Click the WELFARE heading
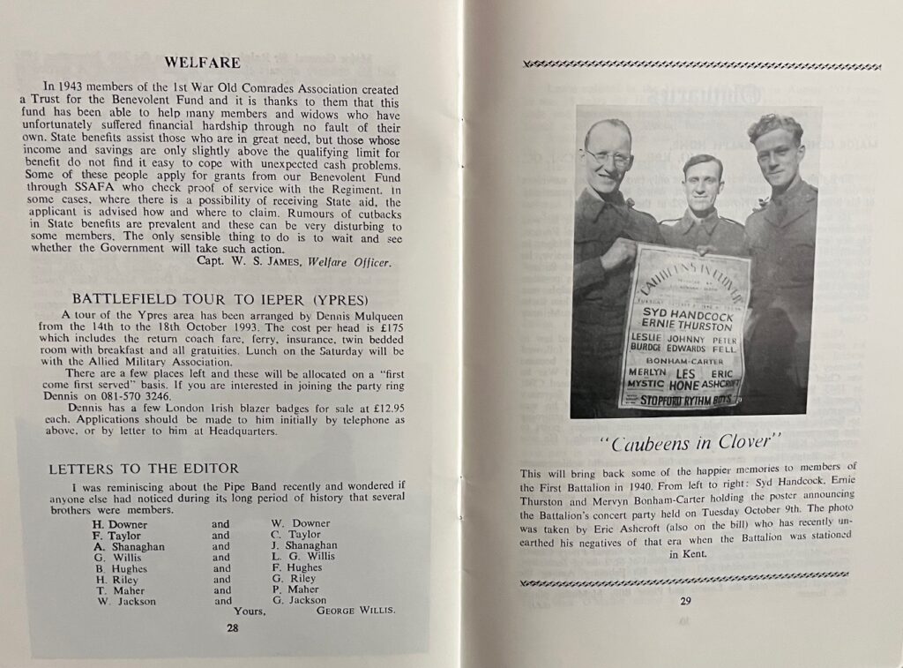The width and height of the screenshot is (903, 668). pos(202,63)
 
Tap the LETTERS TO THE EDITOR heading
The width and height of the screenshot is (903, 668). pos(143,468)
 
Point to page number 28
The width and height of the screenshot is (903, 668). pos(232,628)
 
